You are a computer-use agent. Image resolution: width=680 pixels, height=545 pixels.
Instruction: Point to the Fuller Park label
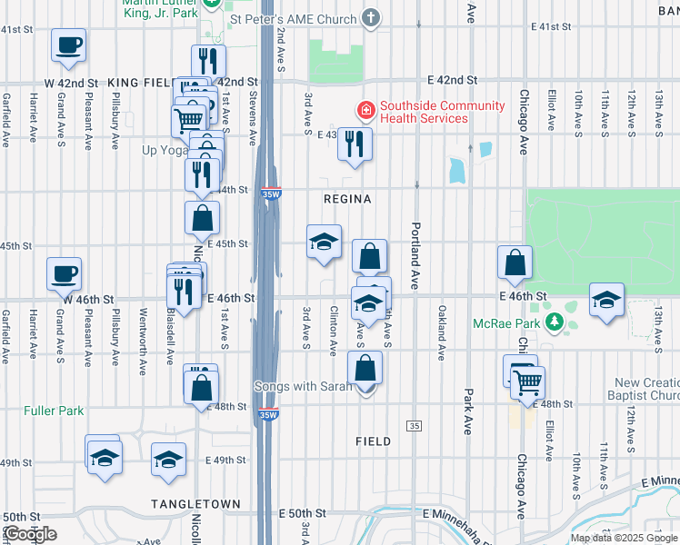click(x=54, y=411)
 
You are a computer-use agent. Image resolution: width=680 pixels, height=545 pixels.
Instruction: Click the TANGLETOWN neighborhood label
click(x=195, y=504)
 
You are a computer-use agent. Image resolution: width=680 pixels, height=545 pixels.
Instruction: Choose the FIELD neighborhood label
click(x=373, y=441)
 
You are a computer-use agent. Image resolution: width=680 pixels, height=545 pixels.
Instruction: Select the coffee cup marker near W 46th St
click(x=65, y=273)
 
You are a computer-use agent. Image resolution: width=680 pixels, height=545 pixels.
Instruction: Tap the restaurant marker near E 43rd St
click(x=355, y=144)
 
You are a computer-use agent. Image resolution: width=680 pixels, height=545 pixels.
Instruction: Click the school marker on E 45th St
click(x=324, y=242)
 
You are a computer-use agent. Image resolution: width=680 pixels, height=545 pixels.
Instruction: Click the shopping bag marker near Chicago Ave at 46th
click(x=515, y=262)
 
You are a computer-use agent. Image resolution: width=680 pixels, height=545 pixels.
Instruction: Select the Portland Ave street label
click(x=415, y=257)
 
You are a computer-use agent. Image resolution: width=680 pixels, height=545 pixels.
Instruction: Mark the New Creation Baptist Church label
click(x=646, y=389)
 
